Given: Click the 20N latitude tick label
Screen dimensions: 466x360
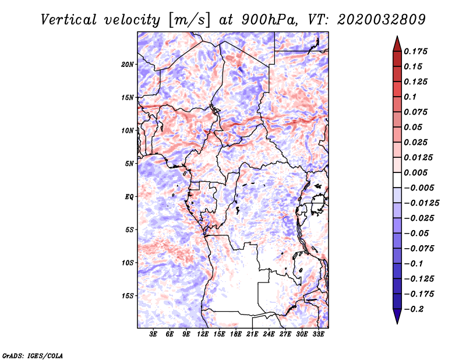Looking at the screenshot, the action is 128,65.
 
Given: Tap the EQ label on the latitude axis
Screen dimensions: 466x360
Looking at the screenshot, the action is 129,197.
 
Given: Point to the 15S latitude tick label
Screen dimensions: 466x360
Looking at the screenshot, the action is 128,296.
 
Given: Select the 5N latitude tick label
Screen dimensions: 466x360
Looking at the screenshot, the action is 129,164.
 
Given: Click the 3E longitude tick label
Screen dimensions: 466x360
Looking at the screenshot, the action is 153,334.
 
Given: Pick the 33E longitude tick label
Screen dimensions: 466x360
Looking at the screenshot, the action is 318,334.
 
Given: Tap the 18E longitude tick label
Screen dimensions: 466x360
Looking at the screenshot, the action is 236,334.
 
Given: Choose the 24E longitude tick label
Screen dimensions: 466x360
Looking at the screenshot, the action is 269,334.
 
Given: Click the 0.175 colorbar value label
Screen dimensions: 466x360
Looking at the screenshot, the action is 415,51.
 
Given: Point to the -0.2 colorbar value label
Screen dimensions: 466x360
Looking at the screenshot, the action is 414,309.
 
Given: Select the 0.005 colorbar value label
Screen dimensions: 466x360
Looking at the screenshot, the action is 415,172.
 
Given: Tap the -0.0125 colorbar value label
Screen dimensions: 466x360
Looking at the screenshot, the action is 421,203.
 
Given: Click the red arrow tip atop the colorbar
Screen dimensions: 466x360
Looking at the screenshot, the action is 397,37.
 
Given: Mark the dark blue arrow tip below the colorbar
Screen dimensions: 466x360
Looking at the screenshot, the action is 397,323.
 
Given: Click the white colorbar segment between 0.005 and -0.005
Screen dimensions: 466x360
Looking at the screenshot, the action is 397,180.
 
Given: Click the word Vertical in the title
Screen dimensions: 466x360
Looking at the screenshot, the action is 69,20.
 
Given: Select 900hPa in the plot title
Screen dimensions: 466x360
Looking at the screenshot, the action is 269,20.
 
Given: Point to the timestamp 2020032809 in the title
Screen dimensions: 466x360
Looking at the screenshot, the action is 382,20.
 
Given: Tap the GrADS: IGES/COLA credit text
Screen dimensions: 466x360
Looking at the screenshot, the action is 33,355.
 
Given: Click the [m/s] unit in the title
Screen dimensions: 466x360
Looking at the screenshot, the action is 189,20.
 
